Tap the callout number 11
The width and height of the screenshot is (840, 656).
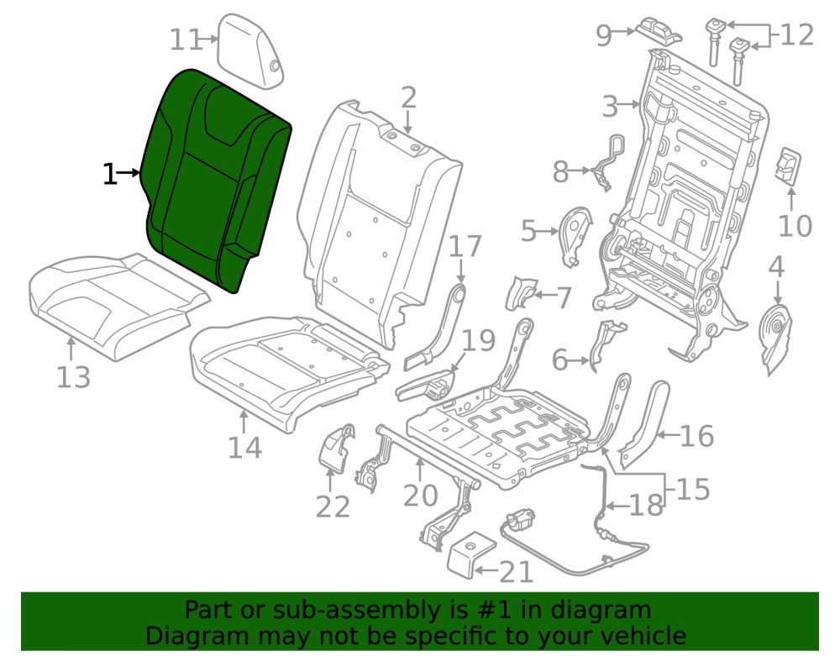pos(186,39)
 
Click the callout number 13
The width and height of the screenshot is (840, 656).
pos(73,377)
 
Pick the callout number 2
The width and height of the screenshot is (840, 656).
pos(408,98)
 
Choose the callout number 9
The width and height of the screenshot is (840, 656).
pos(604,36)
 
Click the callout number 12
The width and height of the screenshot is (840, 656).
pos(797,35)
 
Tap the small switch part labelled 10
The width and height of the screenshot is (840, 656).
pos(788,166)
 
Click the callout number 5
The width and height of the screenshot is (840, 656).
pos(528,231)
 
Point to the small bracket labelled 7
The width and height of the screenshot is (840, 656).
pos(521,292)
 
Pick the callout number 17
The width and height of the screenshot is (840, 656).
pos(465,246)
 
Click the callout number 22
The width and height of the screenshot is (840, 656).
pos(333,506)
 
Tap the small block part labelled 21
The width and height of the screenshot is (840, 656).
pos(471,555)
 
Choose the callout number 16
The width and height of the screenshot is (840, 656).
pos(697,436)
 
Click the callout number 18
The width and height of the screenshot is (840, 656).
pos(646,506)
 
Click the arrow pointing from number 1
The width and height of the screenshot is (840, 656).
pos(129,172)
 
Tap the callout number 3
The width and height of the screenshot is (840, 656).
pos(610,107)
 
